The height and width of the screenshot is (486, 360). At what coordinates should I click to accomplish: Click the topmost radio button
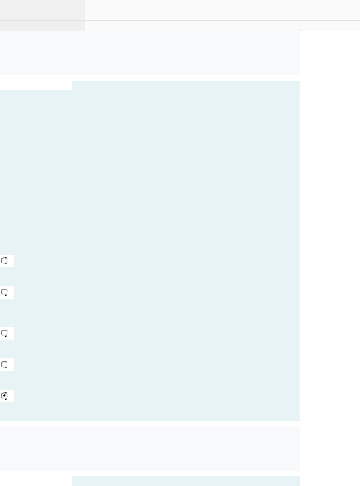(x=5, y=261)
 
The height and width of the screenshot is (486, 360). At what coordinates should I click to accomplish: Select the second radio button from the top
(x=5, y=293)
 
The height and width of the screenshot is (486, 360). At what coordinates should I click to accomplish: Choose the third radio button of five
(x=5, y=333)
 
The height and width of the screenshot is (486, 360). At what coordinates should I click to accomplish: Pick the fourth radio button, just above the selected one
(x=5, y=365)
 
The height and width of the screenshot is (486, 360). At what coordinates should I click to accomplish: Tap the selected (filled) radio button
(x=5, y=396)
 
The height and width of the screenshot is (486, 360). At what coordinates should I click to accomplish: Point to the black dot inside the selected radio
(x=4, y=396)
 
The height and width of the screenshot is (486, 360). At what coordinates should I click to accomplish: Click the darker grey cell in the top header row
(x=42, y=10)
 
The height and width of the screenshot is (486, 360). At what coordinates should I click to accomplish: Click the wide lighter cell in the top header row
(x=222, y=10)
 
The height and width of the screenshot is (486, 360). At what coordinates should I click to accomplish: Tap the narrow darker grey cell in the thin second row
(x=42, y=25)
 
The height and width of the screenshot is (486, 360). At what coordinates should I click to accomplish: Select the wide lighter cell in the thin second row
(x=222, y=25)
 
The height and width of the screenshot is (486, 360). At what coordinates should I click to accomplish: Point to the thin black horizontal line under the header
(x=150, y=31)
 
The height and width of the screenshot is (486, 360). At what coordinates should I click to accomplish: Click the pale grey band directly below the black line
(x=150, y=53)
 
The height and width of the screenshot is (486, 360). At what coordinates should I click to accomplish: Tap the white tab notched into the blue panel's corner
(x=35, y=85)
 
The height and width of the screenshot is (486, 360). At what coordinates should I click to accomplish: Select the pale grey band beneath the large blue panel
(x=150, y=448)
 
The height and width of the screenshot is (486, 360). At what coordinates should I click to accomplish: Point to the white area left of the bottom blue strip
(x=35, y=481)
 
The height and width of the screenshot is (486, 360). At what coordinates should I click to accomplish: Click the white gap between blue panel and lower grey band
(x=150, y=424)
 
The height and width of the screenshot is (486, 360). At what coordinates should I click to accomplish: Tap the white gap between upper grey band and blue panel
(x=150, y=78)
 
